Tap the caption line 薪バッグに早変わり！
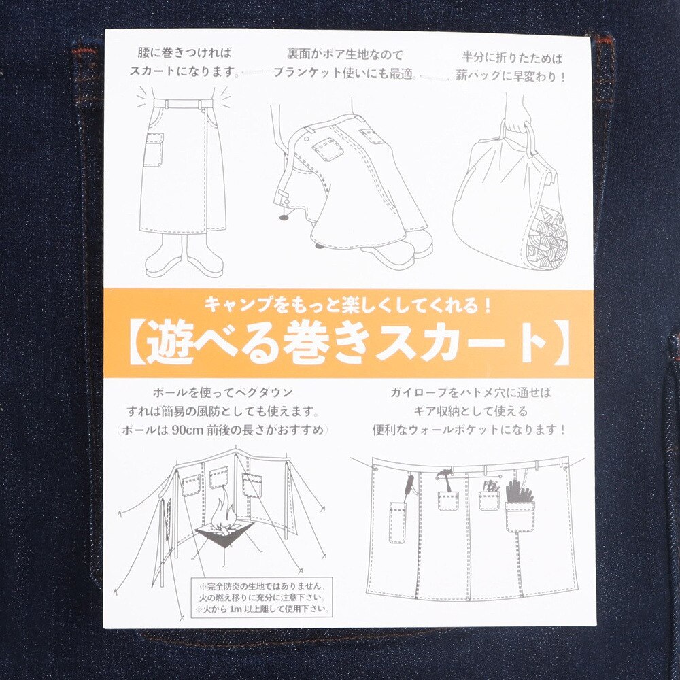511,76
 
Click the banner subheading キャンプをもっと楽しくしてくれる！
348,306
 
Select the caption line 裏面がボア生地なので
345,55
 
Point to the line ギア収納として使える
470,411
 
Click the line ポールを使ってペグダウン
223,393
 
